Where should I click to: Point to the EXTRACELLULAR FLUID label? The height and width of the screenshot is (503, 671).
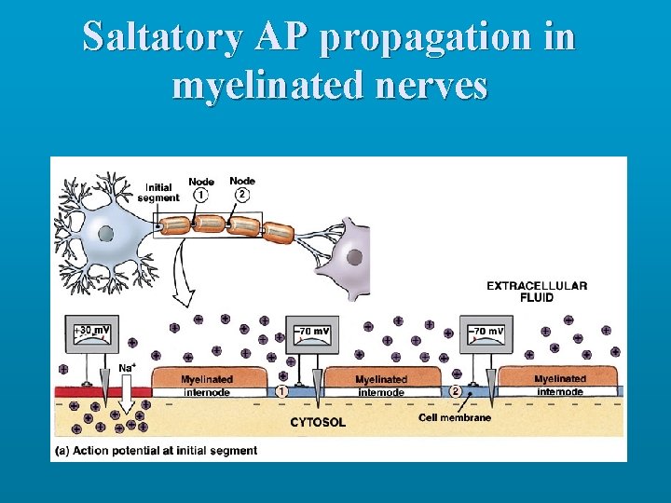(x=537, y=291)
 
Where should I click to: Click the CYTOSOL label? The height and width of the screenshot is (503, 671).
(x=318, y=422)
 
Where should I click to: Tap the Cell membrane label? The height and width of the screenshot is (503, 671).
(x=454, y=418)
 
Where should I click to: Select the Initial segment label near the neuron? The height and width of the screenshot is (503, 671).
(x=157, y=192)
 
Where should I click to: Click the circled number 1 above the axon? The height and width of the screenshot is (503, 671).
(x=201, y=196)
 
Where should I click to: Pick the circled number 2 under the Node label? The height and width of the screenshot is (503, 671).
(x=242, y=196)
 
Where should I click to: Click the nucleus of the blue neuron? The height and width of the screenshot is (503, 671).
(x=106, y=233)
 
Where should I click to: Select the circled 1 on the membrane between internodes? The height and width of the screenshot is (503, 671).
(x=281, y=392)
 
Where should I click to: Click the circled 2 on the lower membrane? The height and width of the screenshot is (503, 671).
(x=455, y=392)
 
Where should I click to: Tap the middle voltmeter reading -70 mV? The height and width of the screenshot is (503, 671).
(x=312, y=331)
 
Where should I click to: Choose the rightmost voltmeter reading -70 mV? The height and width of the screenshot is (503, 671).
(x=486, y=331)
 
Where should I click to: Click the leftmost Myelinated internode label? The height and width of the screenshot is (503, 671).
(x=207, y=386)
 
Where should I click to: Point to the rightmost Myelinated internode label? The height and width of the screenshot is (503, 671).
(x=559, y=386)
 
